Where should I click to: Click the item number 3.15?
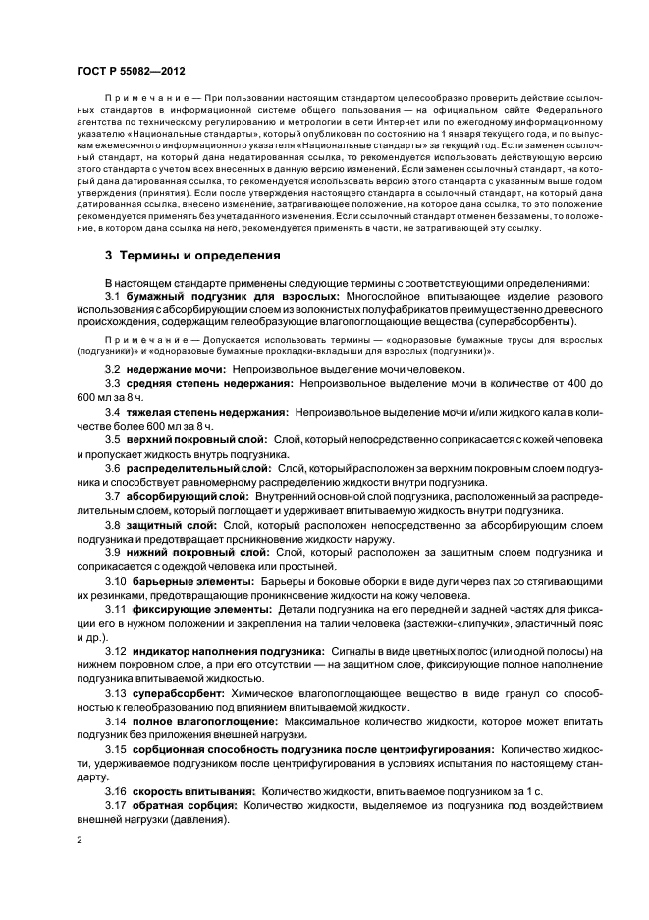pyautogui.click(x=116, y=749)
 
